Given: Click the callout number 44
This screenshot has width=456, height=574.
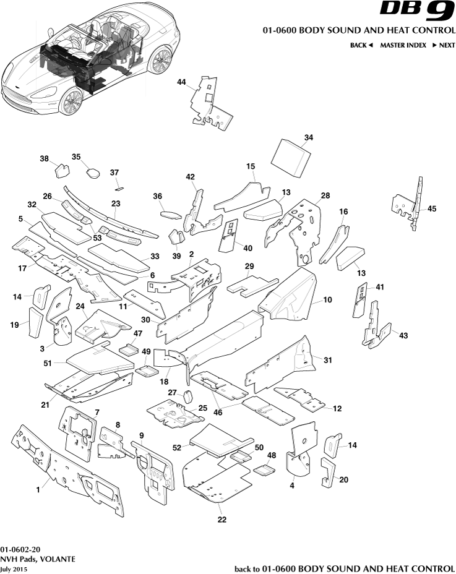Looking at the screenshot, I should click(x=181, y=82).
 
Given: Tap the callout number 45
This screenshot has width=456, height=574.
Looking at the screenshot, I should click(x=432, y=208).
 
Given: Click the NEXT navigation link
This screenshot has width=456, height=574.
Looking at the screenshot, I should click(x=444, y=45).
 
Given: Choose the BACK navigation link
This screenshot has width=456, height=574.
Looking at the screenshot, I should click(x=361, y=45).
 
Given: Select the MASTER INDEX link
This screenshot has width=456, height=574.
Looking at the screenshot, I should click(x=403, y=45).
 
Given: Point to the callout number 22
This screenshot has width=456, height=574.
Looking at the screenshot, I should click(x=222, y=520).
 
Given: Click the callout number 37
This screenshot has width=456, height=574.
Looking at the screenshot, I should click(x=114, y=172).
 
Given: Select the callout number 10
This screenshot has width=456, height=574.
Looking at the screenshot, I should click(x=327, y=299).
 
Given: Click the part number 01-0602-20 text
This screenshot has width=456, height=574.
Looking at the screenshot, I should click(x=20, y=549).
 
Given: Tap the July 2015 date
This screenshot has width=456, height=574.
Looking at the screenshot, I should click(x=14, y=568).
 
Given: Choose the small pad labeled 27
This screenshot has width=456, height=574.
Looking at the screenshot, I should click(x=189, y=396).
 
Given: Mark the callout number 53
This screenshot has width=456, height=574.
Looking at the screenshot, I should click(x=97, y=238).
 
